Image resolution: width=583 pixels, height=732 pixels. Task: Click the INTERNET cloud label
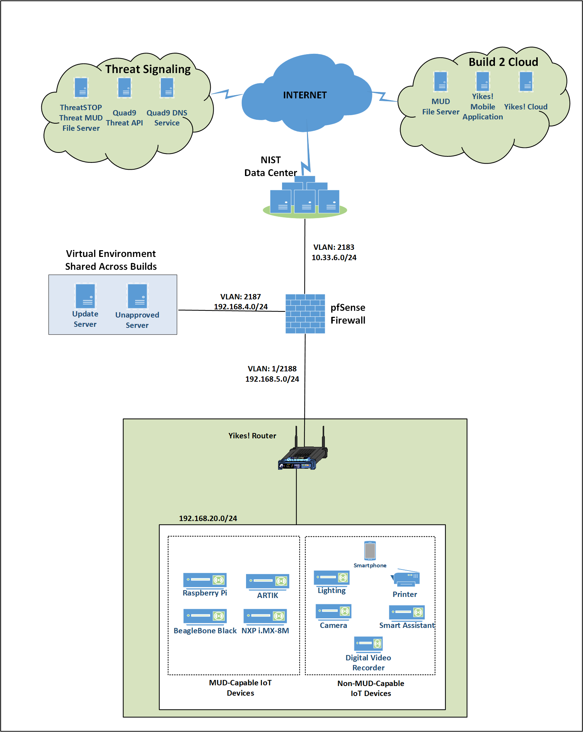pos(305,95)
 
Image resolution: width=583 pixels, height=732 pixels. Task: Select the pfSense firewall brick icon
pos(305,314)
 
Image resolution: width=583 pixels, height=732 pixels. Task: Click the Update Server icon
pos(85,296)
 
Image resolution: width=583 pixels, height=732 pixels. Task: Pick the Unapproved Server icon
pos(137,296)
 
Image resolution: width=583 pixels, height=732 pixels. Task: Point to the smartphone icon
pos(370,551)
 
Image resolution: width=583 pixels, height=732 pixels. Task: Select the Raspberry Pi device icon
pos(205,580)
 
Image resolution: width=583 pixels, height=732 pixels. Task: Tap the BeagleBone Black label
pos(205,631)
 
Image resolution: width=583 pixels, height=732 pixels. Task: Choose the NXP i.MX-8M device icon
pos(265,616)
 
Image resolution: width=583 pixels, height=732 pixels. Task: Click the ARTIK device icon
pos(267,581)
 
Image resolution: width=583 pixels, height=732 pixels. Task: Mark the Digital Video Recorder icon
pos(368,643)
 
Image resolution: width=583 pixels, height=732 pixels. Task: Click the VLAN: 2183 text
pos(334,247)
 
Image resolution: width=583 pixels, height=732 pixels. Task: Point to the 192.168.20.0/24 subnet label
pos(208,519)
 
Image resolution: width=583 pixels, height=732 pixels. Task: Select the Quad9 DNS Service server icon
pos(167,88)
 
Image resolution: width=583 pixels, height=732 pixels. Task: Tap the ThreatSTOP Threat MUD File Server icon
pos(81,88)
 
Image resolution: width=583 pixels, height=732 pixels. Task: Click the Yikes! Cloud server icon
pos(526,82)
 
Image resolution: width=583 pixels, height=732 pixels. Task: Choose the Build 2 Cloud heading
pos(503,62)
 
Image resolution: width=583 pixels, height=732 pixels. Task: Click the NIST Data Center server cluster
pos(305,198)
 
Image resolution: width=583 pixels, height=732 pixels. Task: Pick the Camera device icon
pos(333,612)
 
